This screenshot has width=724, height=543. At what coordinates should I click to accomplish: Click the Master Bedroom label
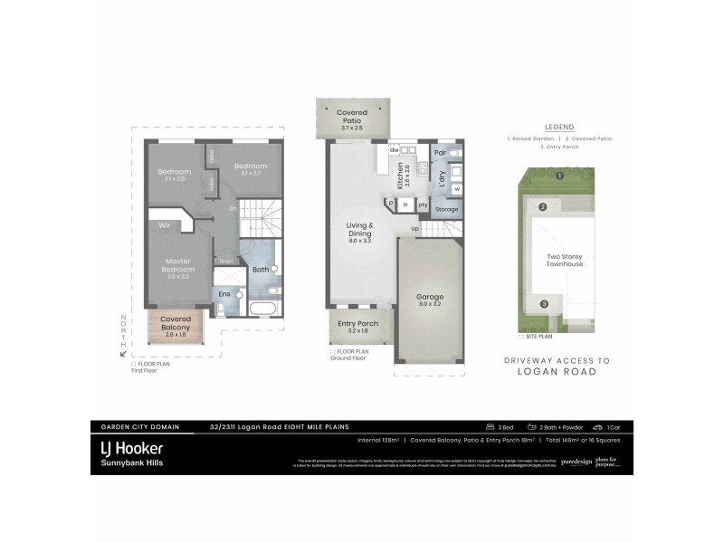click(179, 264)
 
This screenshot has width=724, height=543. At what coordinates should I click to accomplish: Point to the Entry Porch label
click(358, 324)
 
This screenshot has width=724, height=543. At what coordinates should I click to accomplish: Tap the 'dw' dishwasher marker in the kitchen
click(395, 149)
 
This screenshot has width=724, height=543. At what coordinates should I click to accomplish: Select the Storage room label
click(446, 209)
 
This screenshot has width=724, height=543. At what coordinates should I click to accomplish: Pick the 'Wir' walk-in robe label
click(166, 224)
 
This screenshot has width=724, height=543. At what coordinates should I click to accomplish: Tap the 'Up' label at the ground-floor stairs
click(415, 228)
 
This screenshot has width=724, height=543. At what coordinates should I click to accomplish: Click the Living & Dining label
click(359, 231)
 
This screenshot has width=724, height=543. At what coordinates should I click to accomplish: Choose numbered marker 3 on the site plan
click(543, 304)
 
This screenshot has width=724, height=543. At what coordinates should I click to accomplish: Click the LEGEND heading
click(559, 127)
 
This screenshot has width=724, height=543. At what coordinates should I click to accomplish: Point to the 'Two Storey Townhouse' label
click(565, 260)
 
